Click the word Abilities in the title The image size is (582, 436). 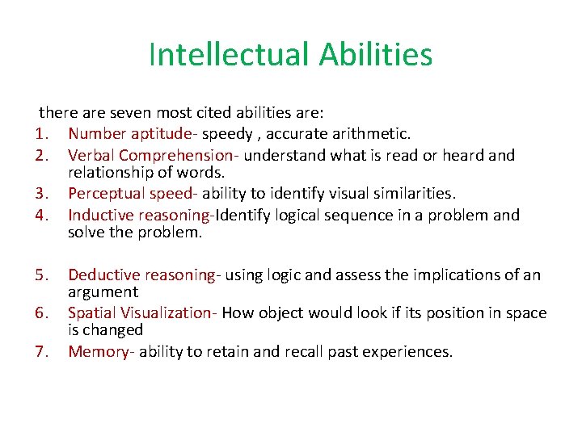click(x=376, y=55)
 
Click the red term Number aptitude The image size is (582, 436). click(x=133, y=133)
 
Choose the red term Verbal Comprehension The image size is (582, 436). click(x=154, y=154)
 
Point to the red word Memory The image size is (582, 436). click(x=99, y=351)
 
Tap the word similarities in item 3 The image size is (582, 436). click(x=413, y=194)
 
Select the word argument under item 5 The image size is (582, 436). click(x=103, y=292)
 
